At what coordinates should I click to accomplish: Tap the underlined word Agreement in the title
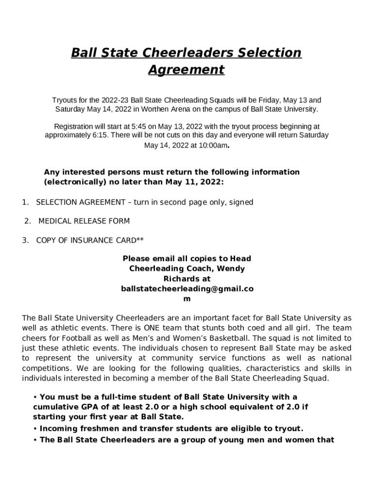(187, 69)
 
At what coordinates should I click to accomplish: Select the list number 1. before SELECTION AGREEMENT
(25, 202)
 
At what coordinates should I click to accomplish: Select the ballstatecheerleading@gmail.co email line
(187, 288)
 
